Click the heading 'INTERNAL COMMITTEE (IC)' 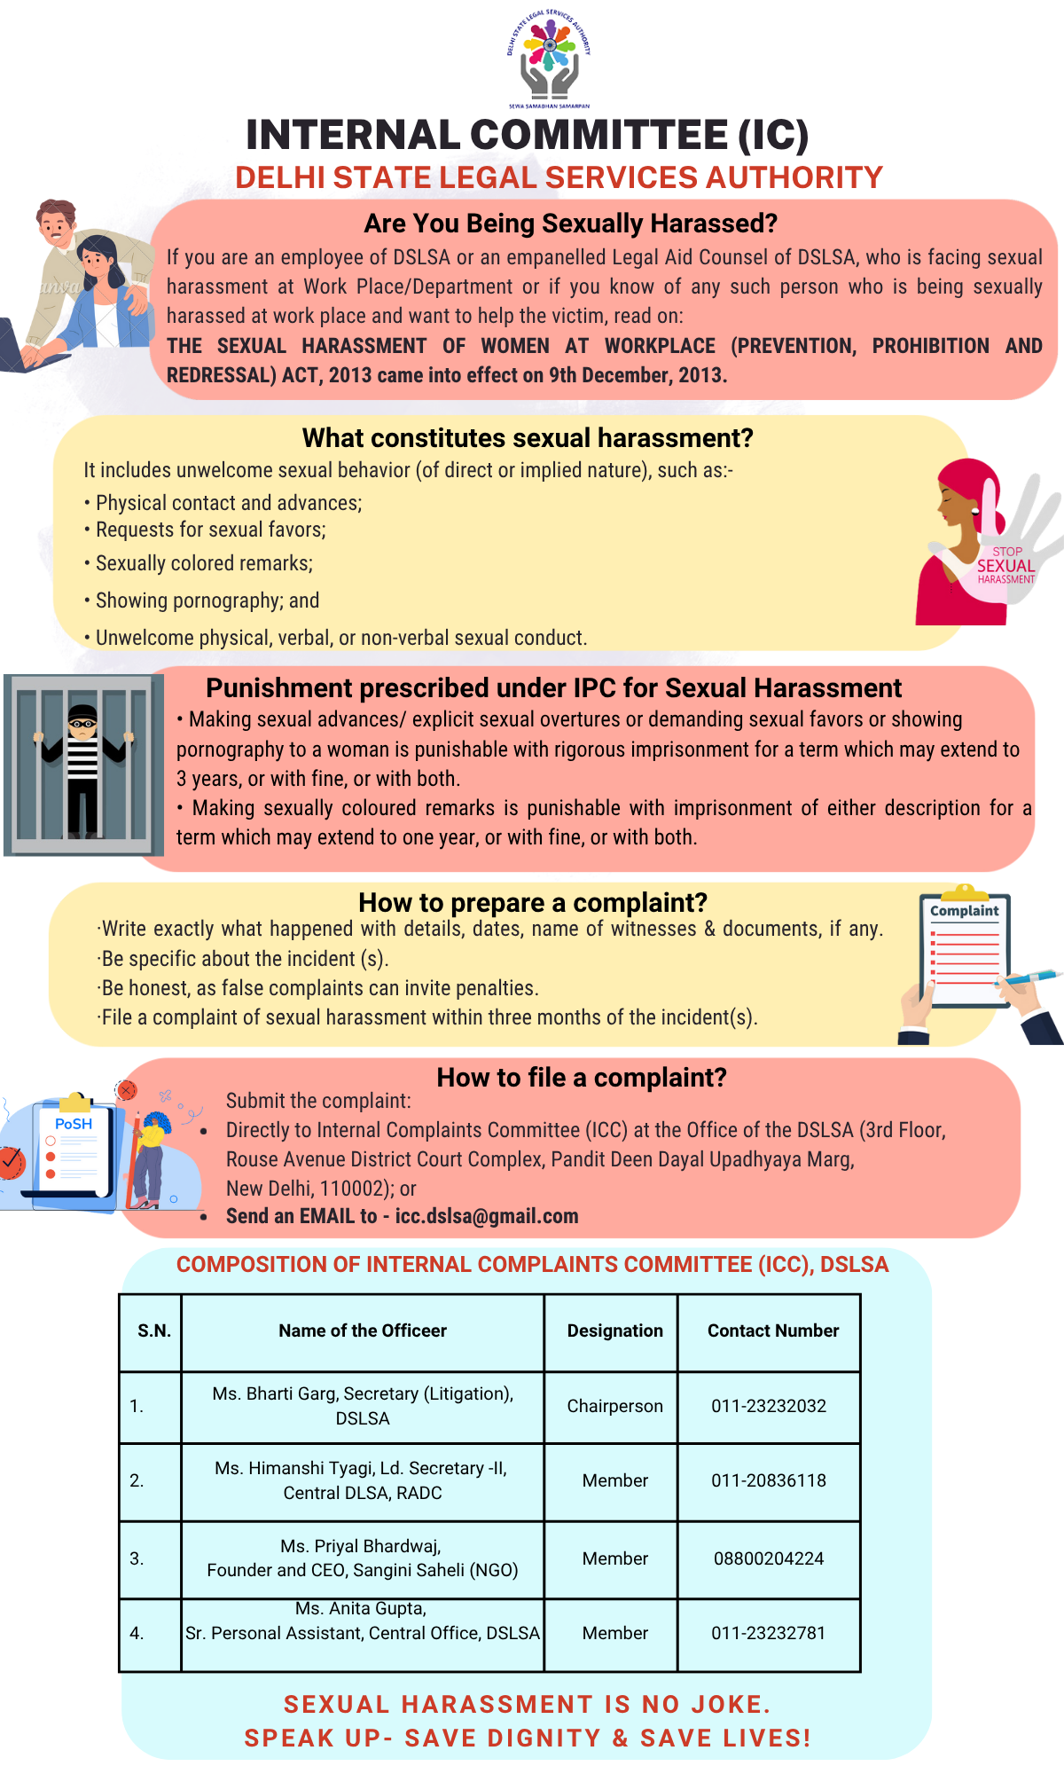click(x=527, y=136)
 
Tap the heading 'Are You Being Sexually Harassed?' click(x=570, y=224)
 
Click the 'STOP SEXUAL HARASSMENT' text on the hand click(x=1006, y=565)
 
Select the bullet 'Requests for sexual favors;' click(x=211, y=530)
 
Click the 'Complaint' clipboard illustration click(x=965, y=954)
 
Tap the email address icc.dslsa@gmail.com click(x=487, y=1216)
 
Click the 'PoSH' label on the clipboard click(x=74, y=1124)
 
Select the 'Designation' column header click(x=614, y=1330)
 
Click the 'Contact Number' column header click(x=772, y=1330)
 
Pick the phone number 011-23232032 click(x=769, y=1406)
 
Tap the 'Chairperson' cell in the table click(x=614, y=1406)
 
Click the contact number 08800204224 click(x=769, y=1558)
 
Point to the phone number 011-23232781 click(x=769, y=1633)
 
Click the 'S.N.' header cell click(x=154, y=1330)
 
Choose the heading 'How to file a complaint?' click(x=582, y=1078)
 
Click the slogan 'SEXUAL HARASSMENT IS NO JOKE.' click(x=527, y=1704)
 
